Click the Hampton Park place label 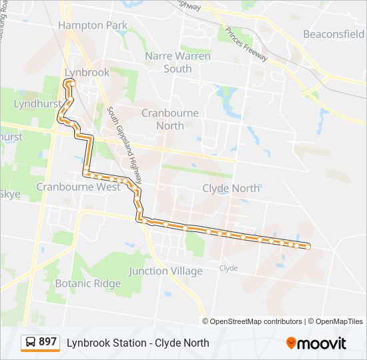(92, 25)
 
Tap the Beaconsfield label (333, 33)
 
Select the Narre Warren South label (177, 62)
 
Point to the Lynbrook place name (87, 72)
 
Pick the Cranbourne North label (170, 119)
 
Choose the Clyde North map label (231, 189)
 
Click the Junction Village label (165, 271)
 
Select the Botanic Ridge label (88, 283)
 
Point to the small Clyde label (228, 268)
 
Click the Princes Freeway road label (246, 45)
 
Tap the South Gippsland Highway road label (125, 146)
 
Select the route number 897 (47, 342)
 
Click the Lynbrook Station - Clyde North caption (138, 343)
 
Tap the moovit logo (316, 343)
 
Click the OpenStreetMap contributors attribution (256, 321)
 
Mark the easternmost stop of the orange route (308, 247)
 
